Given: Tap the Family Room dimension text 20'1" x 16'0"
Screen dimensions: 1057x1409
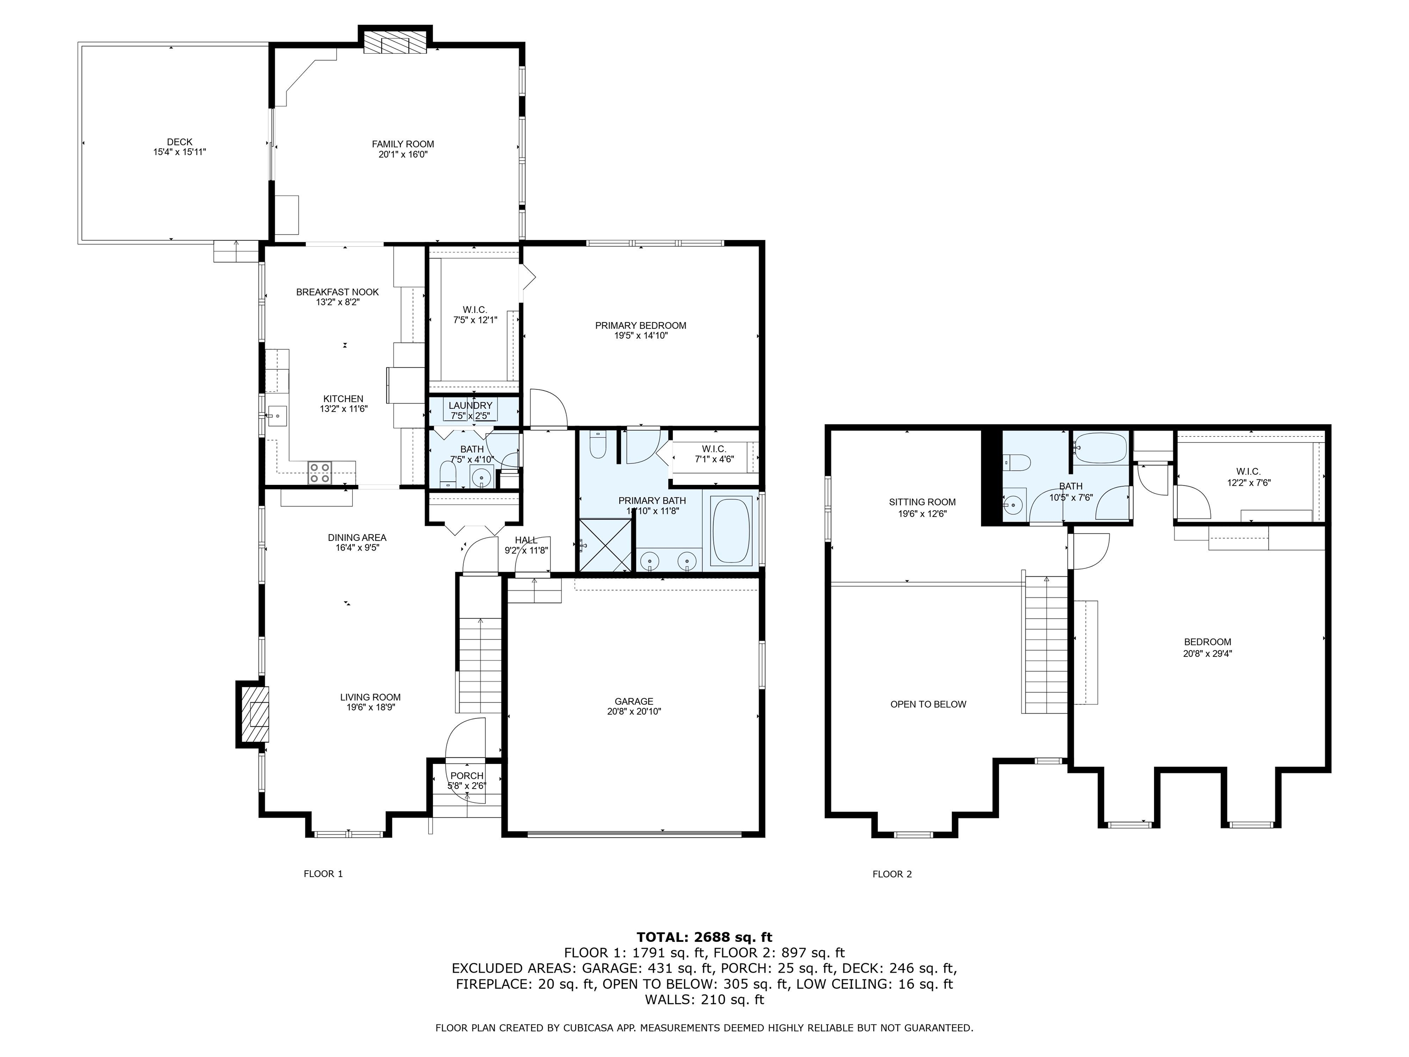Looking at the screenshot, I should [x=403, y=154].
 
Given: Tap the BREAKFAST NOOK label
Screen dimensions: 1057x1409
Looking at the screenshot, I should [x=337, y=292].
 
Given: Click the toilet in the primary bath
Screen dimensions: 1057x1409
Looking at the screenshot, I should [x=598, y=446].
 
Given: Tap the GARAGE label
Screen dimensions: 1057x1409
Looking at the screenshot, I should [x=634, y=701].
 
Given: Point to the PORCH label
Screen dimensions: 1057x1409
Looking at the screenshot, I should [x=467, y=775].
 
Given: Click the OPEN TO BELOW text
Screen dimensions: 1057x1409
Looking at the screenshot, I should [x=928, y=704].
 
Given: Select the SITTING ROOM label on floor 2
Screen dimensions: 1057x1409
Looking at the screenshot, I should [x=922, y=502].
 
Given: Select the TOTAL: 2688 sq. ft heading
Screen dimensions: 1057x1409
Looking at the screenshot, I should [x=704, y=937].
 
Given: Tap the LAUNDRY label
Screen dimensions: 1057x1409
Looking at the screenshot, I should [x=470, y=406].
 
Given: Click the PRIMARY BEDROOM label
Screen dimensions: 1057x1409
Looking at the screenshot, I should [x=640, y=326].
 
